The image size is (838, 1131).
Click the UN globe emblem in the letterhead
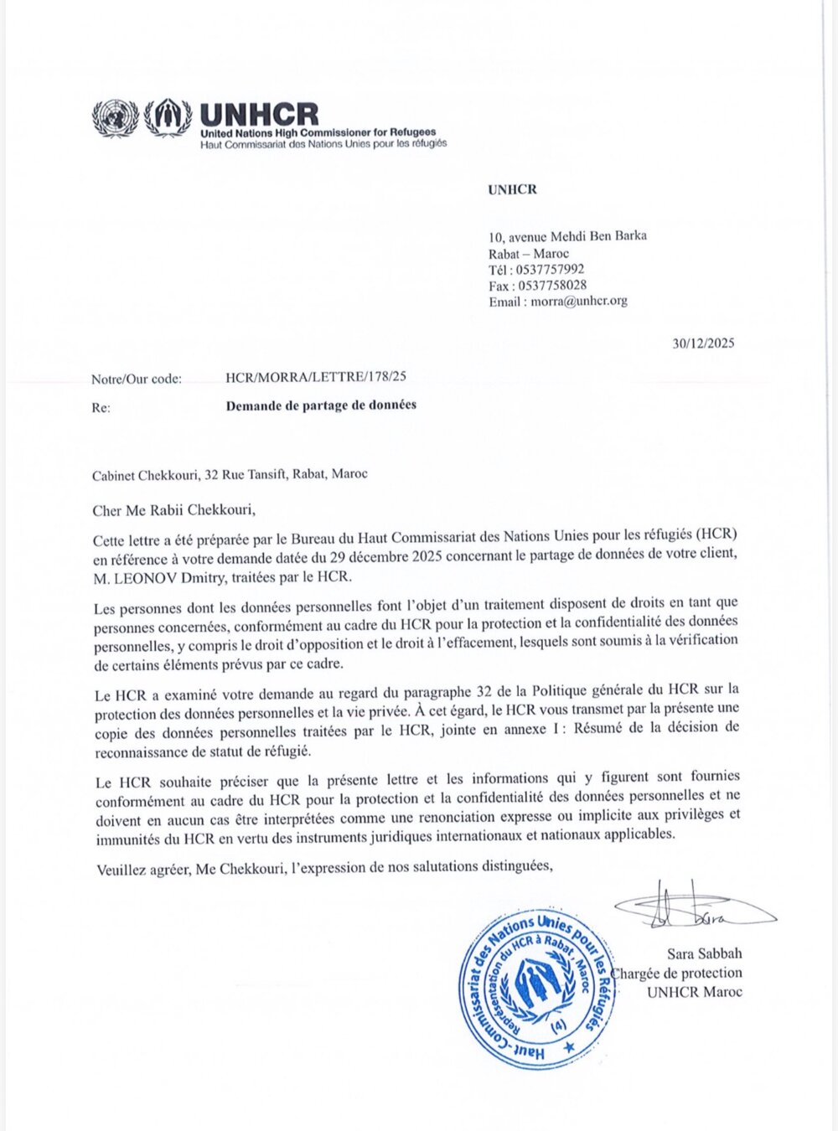pyautogui.click(x=115, y=118)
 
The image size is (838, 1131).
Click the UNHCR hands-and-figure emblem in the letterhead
pyautogui.click(x=168, y=117)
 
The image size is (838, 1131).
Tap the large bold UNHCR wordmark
pyautogui.click(x=260, y=115)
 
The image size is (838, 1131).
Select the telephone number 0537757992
pyautogui.click(x=551, y=269)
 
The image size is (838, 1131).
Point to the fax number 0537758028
pyautogui.click(x=552, y=285)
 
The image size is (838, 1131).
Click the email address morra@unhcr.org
pyautogui.click(x=578, y=301)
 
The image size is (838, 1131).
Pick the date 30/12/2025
pyautogui.click(x=703, y=343)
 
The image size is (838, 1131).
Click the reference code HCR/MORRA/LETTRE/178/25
pyautogui.click(x=316, y=377)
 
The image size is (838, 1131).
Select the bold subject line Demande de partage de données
pyautogui.click(x=321, y=405)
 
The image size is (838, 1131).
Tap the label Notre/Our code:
pyautogui.click(x=137, y=379)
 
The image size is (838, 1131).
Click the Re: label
pyautogui.click(x=101, y=408)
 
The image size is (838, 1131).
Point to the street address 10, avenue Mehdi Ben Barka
pyautogui.click(x=567, y=236)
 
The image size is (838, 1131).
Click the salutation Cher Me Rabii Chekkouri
pyautogui.click(x=173, y=509)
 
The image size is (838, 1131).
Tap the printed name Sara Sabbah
pyautogui.click(x=704, y=953)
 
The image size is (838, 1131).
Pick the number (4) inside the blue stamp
pyautogui.click(x=557, y=1024)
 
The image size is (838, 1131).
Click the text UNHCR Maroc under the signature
pyautogui.click(x=694, y=992)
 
